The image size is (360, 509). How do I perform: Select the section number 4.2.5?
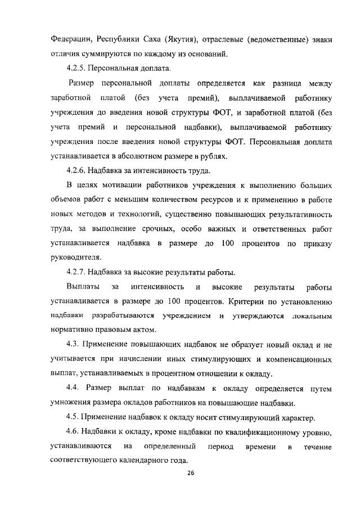78,70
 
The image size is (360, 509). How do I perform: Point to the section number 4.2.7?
78,273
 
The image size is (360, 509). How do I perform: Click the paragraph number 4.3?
75,344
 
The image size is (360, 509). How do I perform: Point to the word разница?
285,84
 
